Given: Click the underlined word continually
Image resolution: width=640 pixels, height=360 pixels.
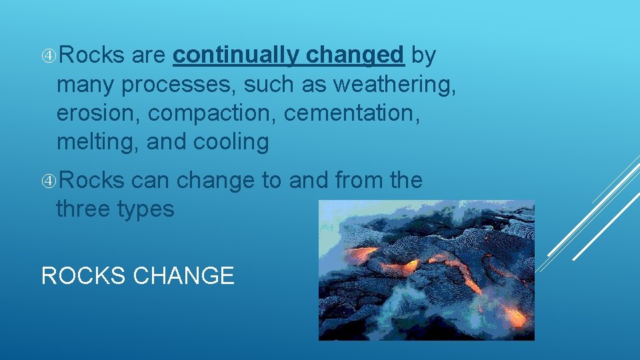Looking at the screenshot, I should pyautogui.click(x=236, y=57).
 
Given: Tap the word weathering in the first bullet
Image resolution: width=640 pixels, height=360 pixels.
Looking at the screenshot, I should pyautogui.click(x=395, y=85).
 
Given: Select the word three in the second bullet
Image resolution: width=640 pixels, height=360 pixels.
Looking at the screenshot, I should pyautogui.click(x=84, y=209).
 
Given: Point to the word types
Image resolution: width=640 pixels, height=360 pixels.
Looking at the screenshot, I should pyautogui.click(x=145, y=209).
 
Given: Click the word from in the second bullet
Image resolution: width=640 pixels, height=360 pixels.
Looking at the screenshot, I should pyautogui.click(x=355, y=181).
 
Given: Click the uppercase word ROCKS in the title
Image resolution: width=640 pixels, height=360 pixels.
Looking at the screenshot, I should pyautogui.click(x=84, y=275).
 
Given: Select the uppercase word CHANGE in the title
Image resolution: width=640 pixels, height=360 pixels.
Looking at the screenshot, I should pyautogui.click(x=184, y=275).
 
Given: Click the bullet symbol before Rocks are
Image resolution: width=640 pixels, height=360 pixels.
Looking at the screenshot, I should pyautogui.click(x=50, y=57).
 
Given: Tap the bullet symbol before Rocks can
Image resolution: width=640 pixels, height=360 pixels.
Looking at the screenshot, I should pyautogui.click(x=50, y=181).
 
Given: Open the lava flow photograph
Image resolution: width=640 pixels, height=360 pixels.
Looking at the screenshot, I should pyautogui.click(x=426, y=270).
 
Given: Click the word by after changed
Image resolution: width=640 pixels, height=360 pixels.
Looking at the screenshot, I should pyautogui.click(x=423, y=57).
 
